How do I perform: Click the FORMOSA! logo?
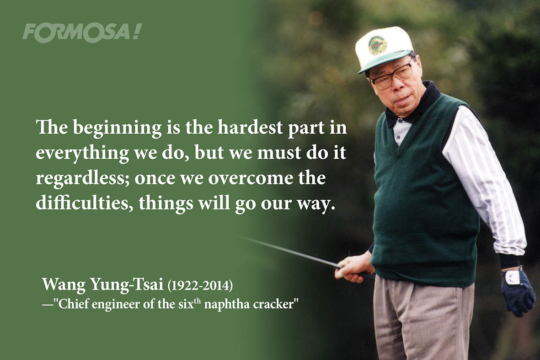tap(82, 33)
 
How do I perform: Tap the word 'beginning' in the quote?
tap(117, 128)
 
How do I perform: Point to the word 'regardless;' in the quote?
tap(83, 179)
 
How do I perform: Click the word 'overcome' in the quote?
tap(251, 178)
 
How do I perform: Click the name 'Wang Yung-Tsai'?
tap(102, 285)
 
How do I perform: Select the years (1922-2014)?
tap(200, 285)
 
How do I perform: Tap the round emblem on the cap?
tap(377, 45)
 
